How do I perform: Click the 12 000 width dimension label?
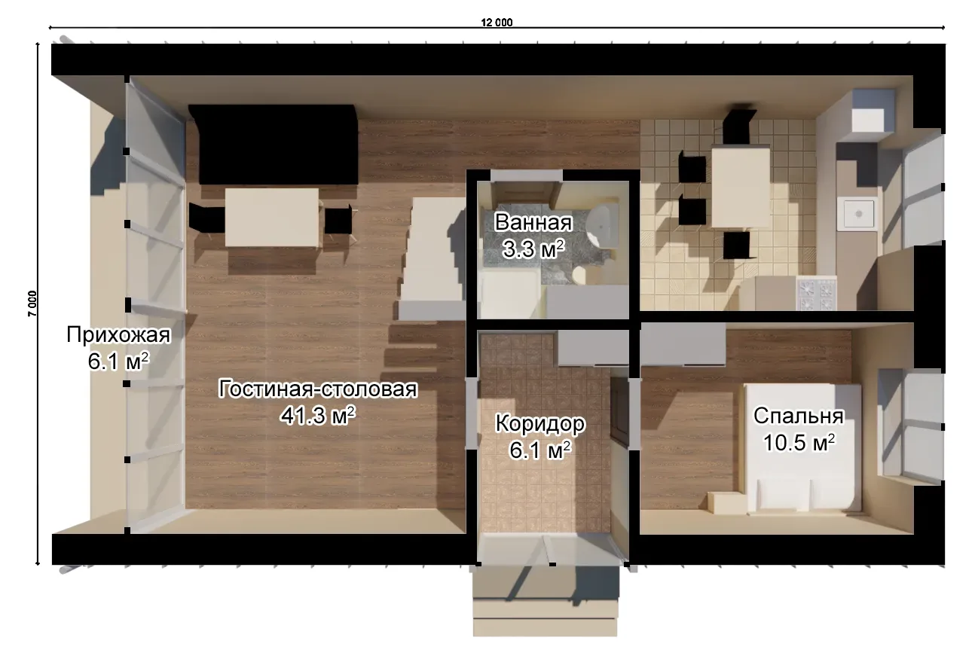497,22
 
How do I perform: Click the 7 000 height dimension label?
33,304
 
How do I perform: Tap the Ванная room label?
533,222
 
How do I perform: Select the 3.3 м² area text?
533,249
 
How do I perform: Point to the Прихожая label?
118,335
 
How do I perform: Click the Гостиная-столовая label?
318,389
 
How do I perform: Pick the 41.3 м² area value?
318,416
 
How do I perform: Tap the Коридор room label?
540,423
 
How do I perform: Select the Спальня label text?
799,416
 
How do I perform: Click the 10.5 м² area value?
799,443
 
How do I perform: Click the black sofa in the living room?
274,145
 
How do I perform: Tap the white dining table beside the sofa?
271,218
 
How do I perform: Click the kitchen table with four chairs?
741,187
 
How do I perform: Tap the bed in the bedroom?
802,448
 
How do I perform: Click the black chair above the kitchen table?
738,125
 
